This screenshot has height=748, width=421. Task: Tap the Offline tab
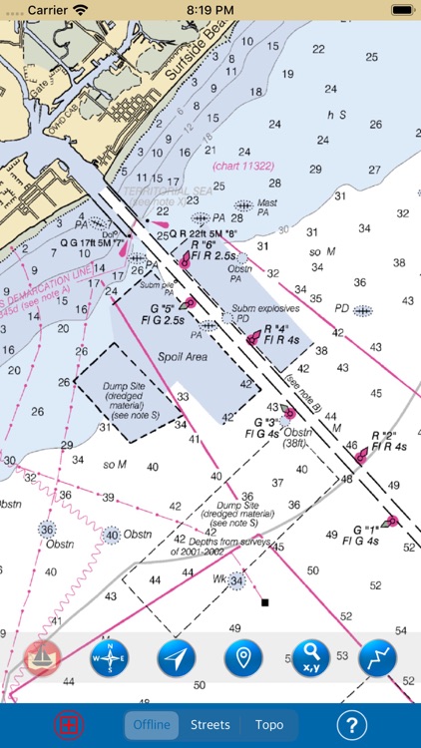tap(150, 725)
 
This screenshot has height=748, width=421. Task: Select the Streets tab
tap(210, 725)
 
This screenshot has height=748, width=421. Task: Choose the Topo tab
tap(269, 725)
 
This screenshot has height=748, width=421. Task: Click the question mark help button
tap(351, 725)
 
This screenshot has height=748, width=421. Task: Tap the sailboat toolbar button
tap(43, 658)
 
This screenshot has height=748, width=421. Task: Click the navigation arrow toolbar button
tap(176, 658)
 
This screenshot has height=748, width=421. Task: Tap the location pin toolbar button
tap(243, 658)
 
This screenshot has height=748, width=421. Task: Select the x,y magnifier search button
tap(310, 658)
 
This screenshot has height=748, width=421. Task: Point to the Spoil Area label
tap(182, 356)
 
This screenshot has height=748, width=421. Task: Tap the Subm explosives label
tap(259, 308)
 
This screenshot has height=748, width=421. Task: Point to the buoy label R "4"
tap(276, 327)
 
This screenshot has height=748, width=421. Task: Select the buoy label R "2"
tap(384, 435)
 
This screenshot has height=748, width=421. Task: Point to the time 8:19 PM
tap(210, 10)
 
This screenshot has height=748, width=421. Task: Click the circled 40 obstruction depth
tap(111, 535)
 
